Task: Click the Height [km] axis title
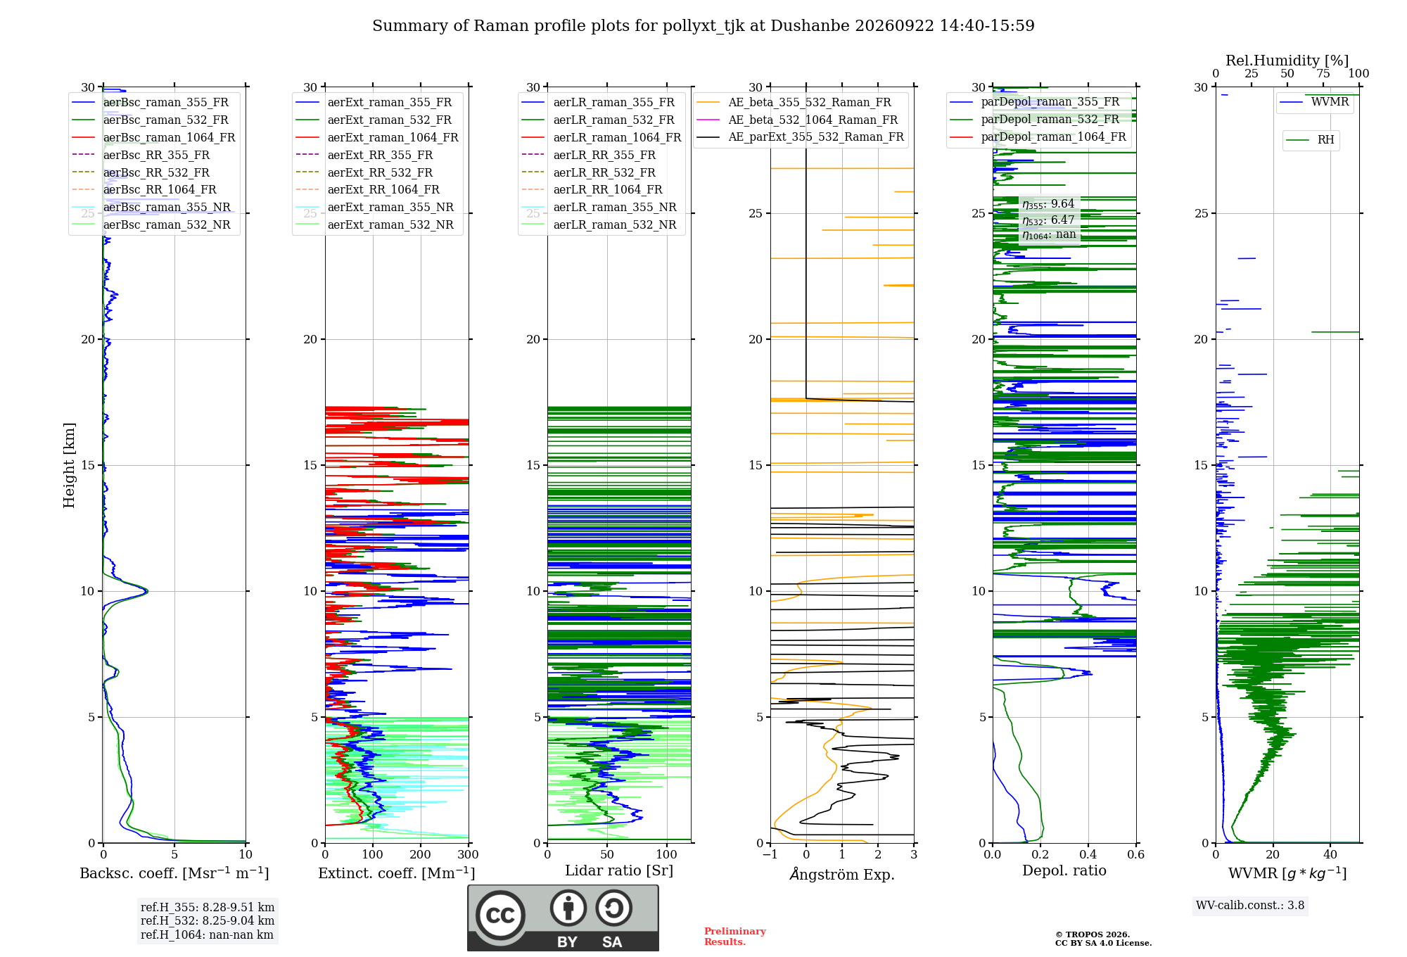(69, 465)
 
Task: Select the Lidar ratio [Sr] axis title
(619, 870)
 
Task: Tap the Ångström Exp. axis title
(842, 874)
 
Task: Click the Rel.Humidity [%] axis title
(1287, 61)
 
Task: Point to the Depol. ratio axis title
(1064, 870)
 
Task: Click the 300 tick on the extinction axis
(468, 854)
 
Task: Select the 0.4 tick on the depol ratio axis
(1088, 854)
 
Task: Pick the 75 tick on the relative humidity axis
(1323, 73)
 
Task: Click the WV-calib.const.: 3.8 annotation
(1250, 906)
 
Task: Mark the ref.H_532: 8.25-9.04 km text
(208, 920)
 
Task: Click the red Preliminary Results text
(735, 937)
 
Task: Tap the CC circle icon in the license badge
(500, 915)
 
